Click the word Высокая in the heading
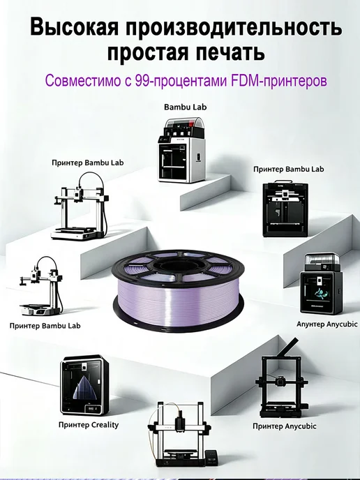[x=74, y=27]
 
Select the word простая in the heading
[x=147, y=52]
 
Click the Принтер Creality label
[x=89, y=425]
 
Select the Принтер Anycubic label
[x=285, y=426]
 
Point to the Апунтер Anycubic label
[x=327, y=324]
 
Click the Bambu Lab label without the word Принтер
[x=185, y=107]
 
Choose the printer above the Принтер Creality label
[x=84, y=385]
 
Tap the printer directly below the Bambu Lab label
[x=181, y=150]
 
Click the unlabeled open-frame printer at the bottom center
[x=179, y=435]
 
